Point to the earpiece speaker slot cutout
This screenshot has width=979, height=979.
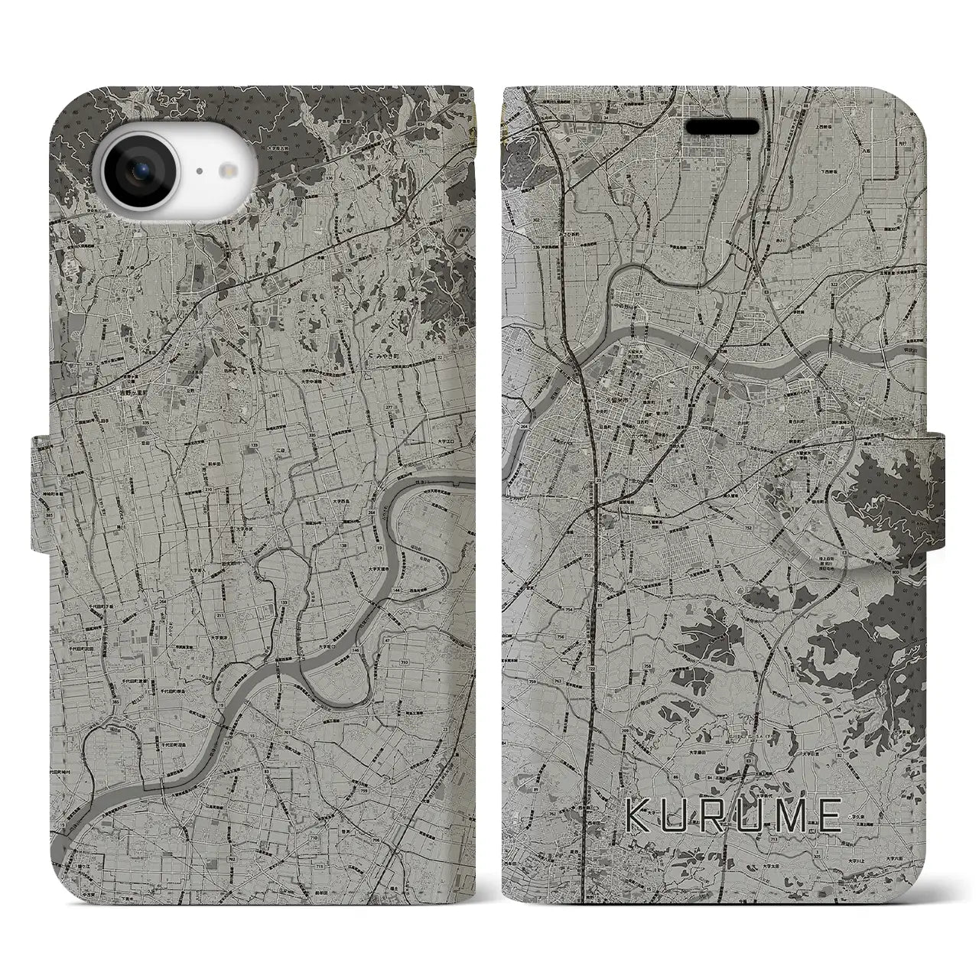coord(722,126)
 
